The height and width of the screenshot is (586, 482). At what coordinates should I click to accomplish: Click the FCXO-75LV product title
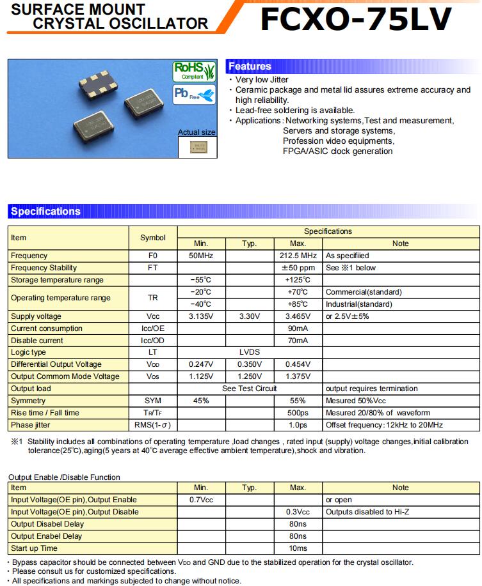356,18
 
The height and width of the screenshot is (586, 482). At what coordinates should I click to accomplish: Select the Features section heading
250,66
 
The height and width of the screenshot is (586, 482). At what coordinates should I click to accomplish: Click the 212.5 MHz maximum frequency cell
298,256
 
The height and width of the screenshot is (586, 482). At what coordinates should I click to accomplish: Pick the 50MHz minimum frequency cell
201,256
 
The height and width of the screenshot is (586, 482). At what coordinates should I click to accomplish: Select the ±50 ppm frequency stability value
298,268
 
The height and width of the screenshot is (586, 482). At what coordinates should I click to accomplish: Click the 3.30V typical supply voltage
250,316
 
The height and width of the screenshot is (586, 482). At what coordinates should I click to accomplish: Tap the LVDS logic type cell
250,352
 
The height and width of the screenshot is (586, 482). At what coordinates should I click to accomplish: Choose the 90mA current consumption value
298,328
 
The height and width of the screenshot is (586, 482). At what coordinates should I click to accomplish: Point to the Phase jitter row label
31,425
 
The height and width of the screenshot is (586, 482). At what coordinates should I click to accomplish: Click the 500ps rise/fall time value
298,413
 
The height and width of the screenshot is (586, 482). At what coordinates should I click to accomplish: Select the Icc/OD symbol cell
152,341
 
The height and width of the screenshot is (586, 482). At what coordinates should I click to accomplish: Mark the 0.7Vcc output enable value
201,500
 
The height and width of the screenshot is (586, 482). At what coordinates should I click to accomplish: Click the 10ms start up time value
298,548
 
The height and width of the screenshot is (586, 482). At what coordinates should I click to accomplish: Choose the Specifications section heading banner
46,212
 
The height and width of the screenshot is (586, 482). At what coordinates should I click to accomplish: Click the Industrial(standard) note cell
359,304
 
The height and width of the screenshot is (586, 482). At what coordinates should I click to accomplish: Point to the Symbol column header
152,238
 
